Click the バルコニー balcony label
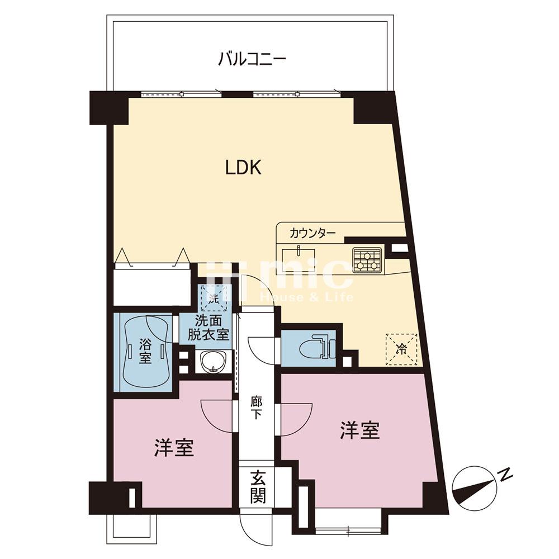252,58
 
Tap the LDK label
243,168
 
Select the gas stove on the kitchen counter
367,259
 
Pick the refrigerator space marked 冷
401,349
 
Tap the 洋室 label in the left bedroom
174,447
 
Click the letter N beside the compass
506,475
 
